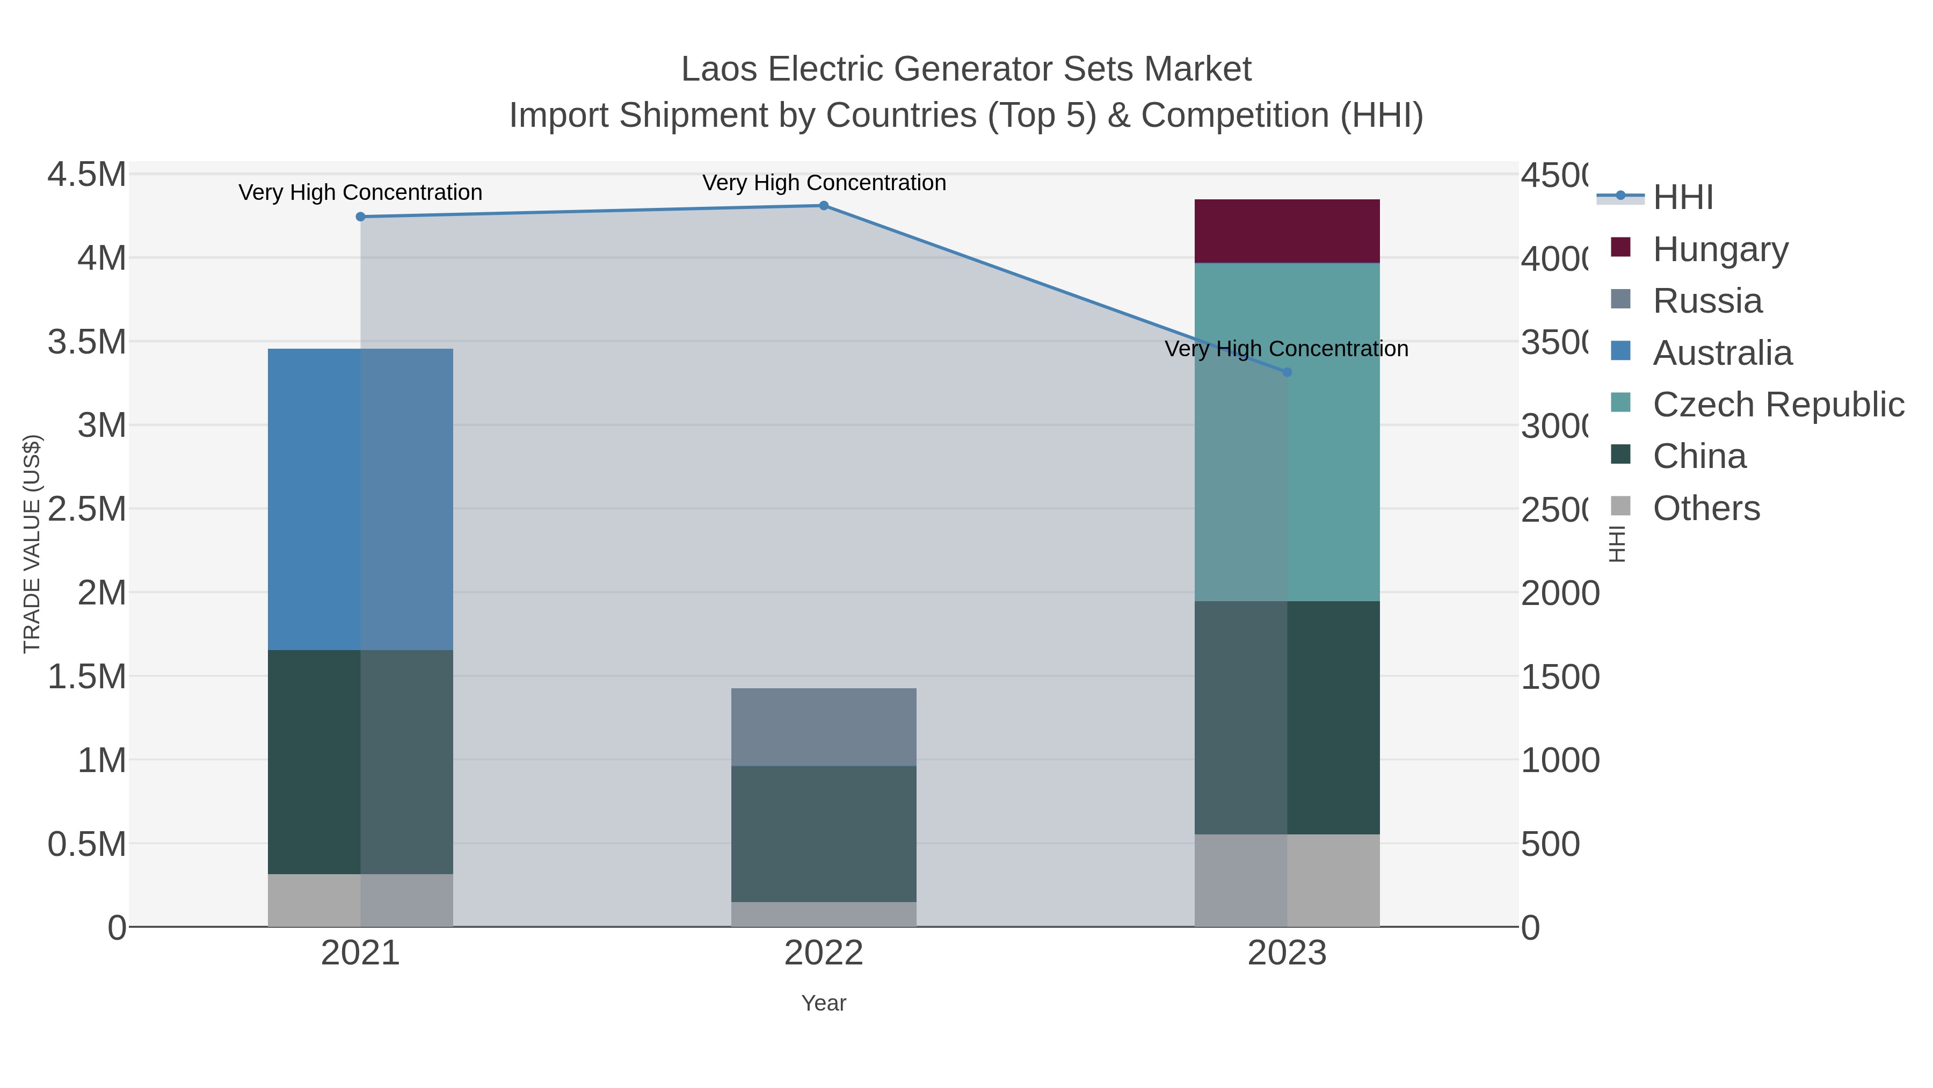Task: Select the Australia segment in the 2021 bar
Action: tap(360, 499)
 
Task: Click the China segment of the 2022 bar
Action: tap(823, 833)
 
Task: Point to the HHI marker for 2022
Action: tap(823, 206)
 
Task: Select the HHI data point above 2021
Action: tap(360, 217)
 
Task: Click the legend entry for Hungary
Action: tap(1720, 249)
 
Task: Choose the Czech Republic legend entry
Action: tap(1778, 404)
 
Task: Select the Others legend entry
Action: tap(1706, 508)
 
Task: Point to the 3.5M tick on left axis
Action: tap(87, 342)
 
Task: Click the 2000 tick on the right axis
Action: tap(1559, 593)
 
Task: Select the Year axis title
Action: tap(823, 1003)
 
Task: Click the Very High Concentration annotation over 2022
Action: tap(823, 183)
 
